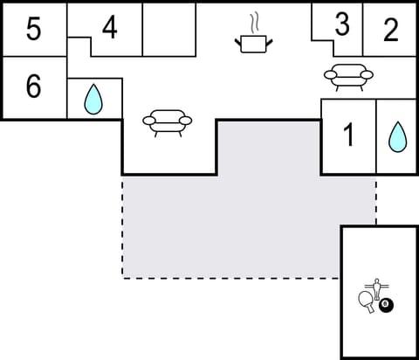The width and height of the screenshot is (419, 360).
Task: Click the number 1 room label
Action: (348, 136)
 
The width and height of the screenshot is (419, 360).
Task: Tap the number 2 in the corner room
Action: (391, 30)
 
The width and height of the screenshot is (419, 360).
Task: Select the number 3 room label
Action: (341, 25)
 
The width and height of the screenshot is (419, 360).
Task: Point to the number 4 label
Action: (109, 28)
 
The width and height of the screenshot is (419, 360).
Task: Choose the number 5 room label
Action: (33, 30)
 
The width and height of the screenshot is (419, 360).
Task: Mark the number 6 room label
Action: (33, 88)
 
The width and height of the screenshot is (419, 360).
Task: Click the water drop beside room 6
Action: (93, 100)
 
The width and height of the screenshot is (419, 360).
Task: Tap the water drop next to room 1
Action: (397, 136)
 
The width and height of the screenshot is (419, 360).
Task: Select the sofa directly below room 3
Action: (349, 77)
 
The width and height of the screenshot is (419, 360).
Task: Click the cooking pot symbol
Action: (254, 43)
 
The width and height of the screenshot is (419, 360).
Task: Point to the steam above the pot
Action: (254, 21)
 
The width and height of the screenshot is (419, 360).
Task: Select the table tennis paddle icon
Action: (366, 301)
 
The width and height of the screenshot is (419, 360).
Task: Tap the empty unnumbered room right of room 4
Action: (168, 29)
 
